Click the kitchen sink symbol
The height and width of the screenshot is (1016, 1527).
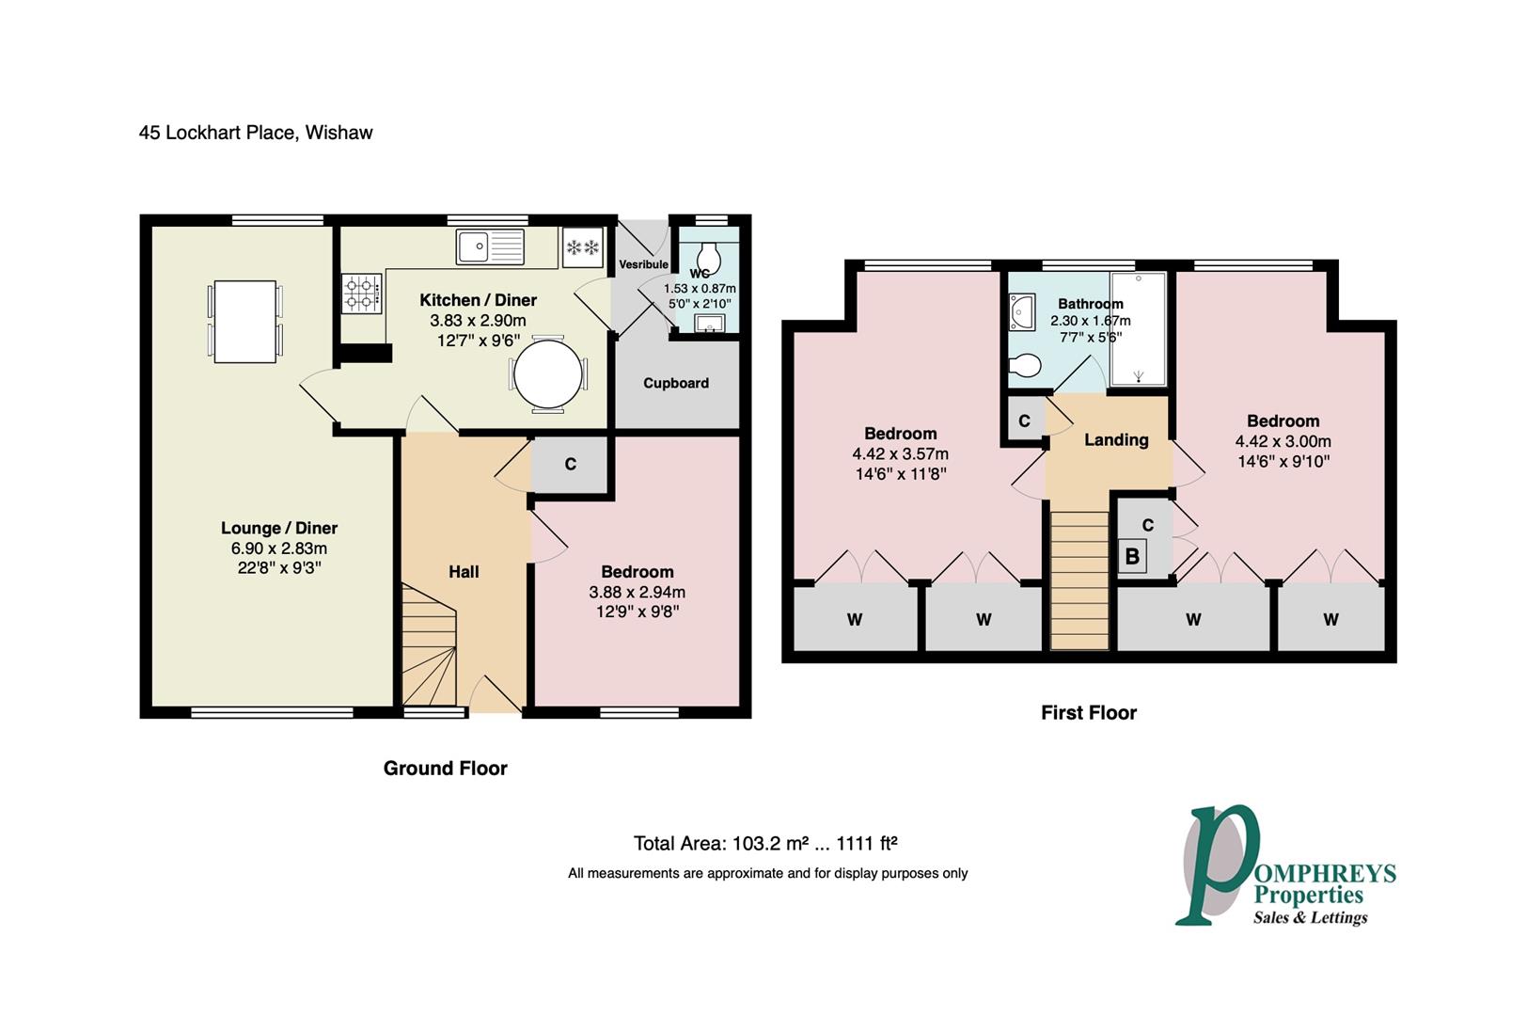click(490, 247)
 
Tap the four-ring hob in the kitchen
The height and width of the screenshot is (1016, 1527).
click(361, 293)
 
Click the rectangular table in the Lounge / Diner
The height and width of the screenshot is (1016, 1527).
click(244, 321)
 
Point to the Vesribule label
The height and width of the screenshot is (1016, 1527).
click(643, 264)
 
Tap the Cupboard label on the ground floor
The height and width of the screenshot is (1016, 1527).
click(675, 383)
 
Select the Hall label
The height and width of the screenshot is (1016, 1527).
click(464, 571)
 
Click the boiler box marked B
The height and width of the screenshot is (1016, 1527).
click(1132, 556)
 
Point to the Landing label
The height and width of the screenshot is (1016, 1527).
click(1116, 439)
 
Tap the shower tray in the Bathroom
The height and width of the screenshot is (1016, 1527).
click(1138, 328)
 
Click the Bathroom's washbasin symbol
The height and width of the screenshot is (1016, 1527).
click(1021, 311)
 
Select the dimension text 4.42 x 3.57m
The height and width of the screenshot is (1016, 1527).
click(900, 453)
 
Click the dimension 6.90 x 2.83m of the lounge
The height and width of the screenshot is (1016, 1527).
click(278, 548)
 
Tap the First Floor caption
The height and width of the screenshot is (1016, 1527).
click(1088, 713)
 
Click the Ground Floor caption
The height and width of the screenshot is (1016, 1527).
click(445, 768)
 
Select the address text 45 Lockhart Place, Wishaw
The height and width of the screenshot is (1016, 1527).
click(256, 133)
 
